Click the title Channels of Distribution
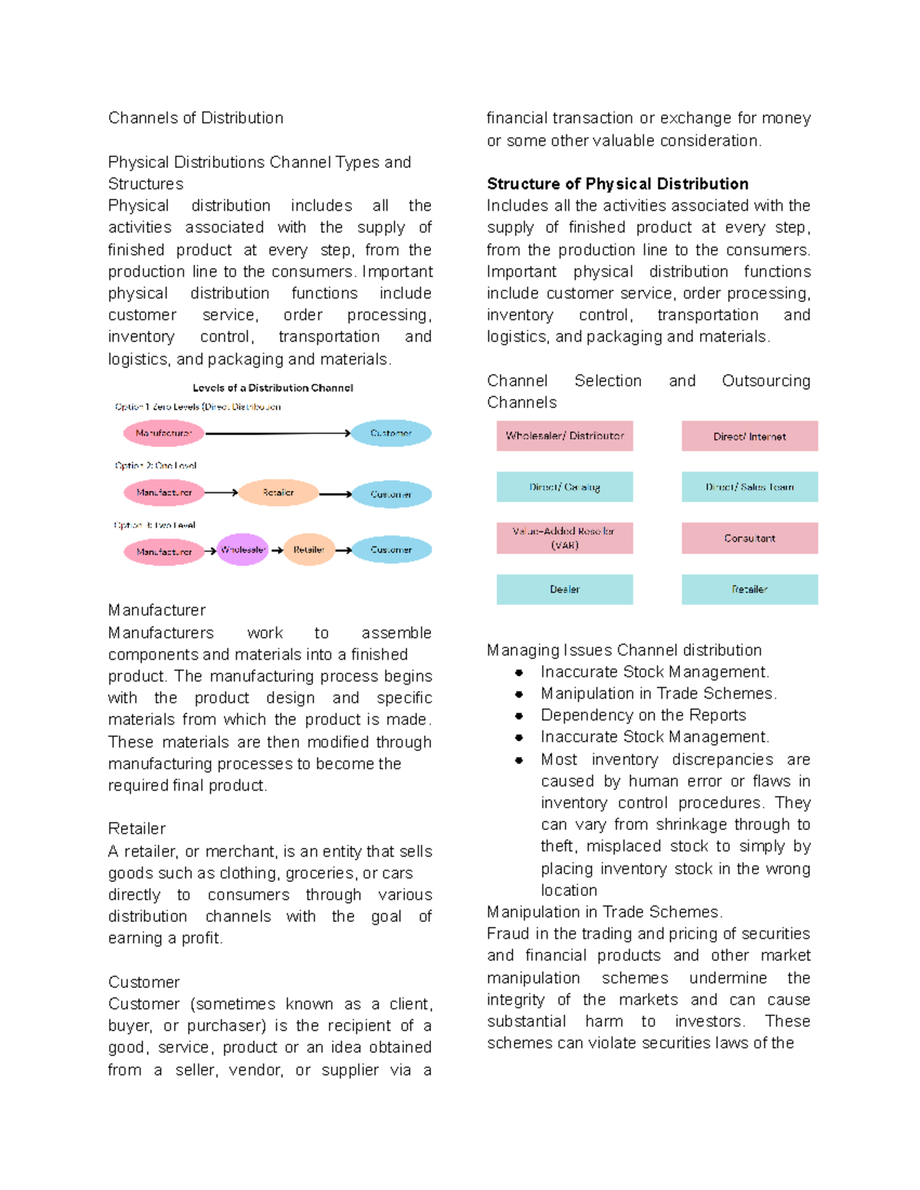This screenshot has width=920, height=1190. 195,118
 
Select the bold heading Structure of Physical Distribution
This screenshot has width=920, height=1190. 617,184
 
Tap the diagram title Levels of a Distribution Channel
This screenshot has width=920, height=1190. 273,388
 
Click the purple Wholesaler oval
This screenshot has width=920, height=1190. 242,549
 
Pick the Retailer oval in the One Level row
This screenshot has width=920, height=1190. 278,493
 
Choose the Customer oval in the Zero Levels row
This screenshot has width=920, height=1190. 391,433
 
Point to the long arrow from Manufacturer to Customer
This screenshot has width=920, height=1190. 278,434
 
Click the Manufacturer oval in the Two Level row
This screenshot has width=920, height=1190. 163,551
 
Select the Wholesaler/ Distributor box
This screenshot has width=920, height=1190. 564,436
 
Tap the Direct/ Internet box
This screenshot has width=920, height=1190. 749,436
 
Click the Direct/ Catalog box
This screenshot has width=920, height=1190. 564,487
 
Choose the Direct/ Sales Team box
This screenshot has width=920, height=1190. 749,487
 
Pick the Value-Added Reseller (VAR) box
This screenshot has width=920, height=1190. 564,538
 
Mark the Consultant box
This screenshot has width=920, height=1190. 749,538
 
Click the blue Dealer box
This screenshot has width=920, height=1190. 564,589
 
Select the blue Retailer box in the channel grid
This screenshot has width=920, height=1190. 749,589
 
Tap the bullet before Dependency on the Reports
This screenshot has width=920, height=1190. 519,716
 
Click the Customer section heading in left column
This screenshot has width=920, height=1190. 143,982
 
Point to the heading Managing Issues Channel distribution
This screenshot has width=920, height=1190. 624,651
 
